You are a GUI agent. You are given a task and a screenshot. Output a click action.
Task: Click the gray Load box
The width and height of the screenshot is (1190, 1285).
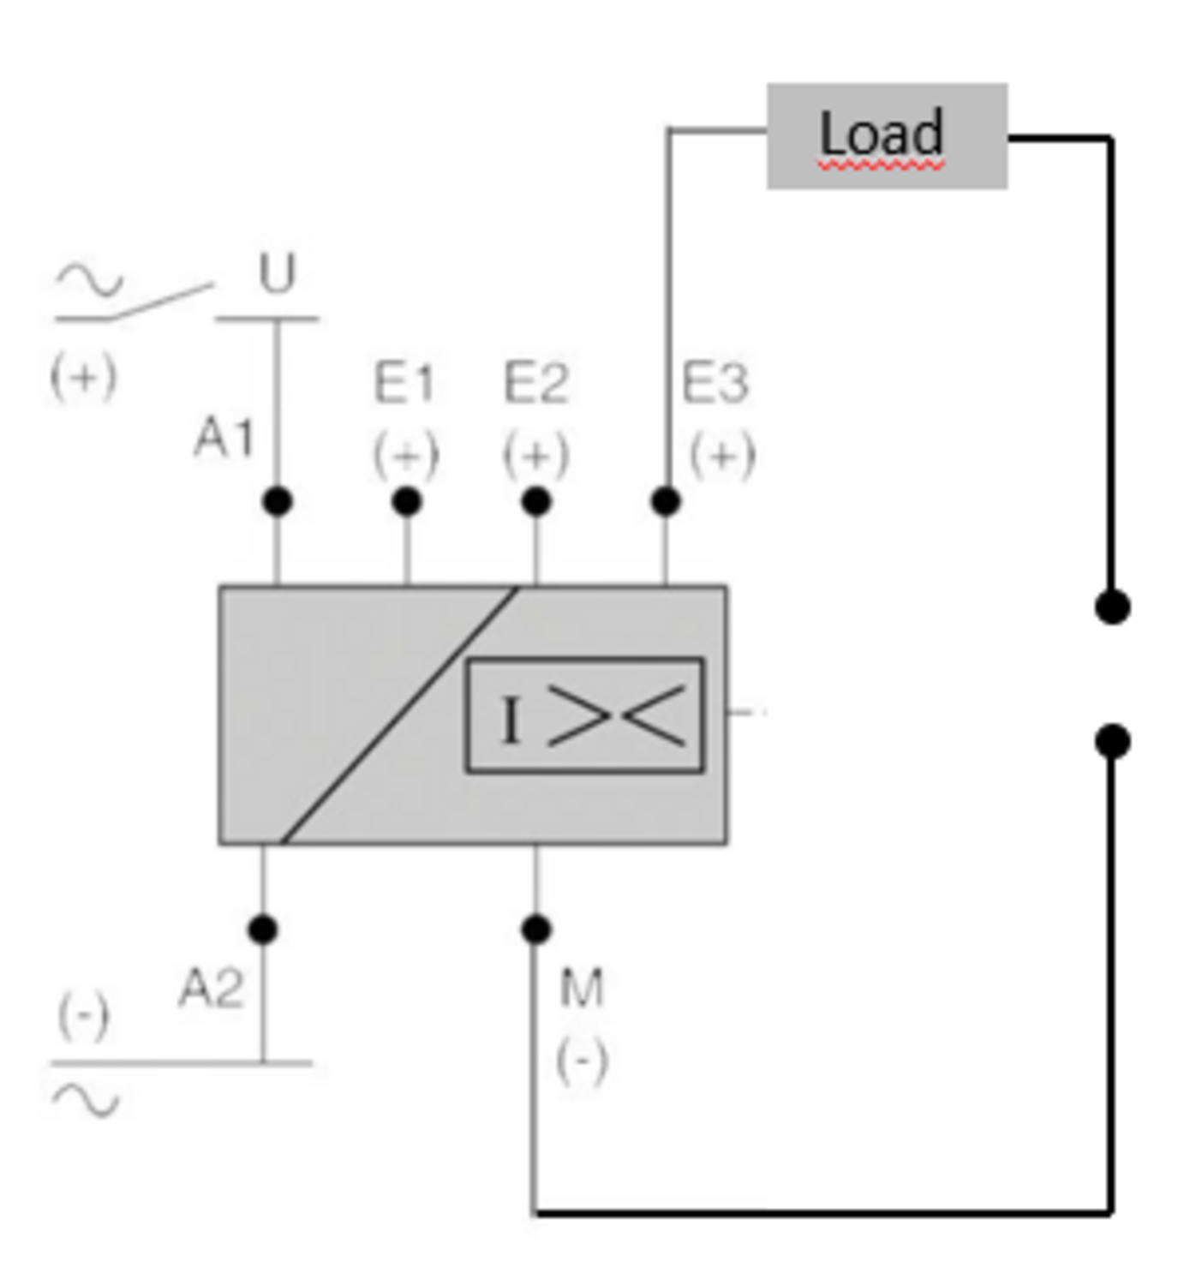click(x=887, y=135)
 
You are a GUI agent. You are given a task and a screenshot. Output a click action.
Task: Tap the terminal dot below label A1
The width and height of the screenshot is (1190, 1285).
click(x=277, y=501)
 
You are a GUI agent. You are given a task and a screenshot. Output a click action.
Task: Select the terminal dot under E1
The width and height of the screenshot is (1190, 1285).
click(x=407, y=501)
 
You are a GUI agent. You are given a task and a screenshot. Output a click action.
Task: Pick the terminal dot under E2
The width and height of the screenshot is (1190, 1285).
click(x=536, y=501)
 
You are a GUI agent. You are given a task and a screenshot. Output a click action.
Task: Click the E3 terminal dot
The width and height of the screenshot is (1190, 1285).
click(x=666, y=501)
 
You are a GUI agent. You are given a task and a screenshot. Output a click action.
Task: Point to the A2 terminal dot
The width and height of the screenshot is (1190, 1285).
click(x=263, y=929)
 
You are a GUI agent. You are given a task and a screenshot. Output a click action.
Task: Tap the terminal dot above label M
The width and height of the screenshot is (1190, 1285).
click(x=536, y=929)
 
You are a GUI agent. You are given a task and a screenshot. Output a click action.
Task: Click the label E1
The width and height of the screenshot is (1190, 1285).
click(x=404, y=382)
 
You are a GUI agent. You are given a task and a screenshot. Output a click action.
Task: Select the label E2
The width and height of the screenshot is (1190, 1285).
click(x=535, y=382)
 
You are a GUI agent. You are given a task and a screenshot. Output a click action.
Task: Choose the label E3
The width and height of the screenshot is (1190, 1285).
click(x=715, y=382)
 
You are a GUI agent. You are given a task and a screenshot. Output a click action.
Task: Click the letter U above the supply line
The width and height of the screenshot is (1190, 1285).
click(x=277, y=273)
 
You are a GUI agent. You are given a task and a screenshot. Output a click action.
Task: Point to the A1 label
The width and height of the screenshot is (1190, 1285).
click(x=224, y=438)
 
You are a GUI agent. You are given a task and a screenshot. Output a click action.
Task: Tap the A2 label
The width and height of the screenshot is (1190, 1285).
click(x=211, y=988)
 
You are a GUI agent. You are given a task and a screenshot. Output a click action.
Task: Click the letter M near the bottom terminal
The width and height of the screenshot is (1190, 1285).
click(x=582, y=988)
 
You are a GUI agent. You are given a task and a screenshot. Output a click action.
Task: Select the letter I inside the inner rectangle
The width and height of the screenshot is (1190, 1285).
click(x=511, y=720)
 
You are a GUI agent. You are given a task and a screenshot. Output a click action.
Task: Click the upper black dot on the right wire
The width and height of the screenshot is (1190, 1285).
click(x=1112, y=607)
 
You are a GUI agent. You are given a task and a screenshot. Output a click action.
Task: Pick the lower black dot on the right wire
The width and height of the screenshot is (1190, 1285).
click(x=1112, y=741)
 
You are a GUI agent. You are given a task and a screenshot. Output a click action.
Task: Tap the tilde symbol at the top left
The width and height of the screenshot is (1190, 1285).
click(x=89, y=279)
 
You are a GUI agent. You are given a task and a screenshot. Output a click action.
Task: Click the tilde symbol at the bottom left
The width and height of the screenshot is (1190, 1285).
click(x=86, y=1100)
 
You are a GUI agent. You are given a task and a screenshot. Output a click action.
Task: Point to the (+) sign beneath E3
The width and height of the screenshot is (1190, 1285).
click(x=722, y=455)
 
